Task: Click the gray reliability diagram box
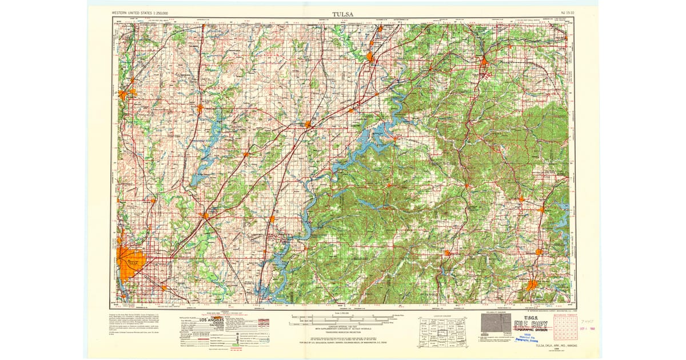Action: [496, 323]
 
